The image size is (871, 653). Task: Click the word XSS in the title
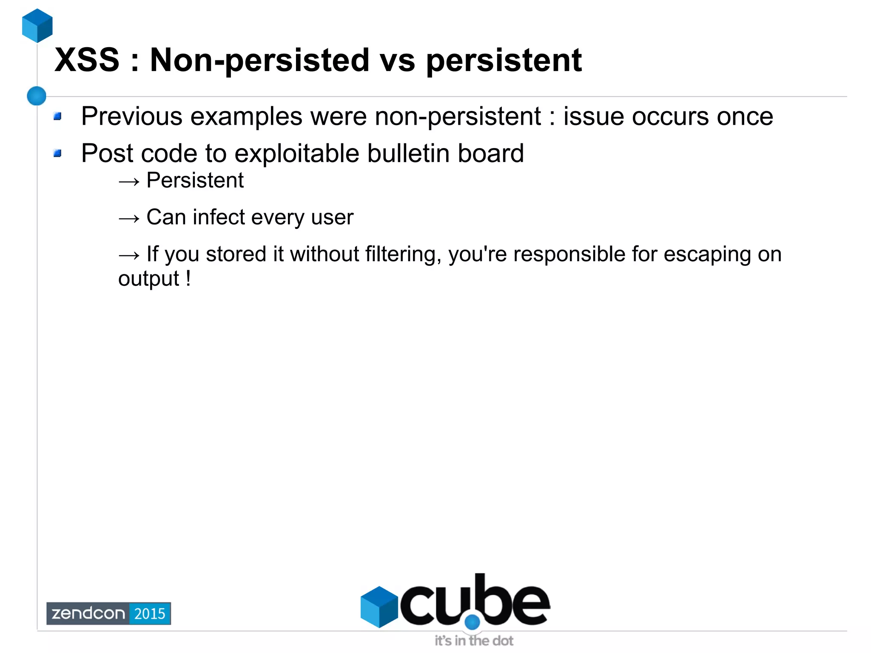tap(87, 60)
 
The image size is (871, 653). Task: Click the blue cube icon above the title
tap(37, 26)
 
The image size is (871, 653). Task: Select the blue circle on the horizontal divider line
tap(37, 96)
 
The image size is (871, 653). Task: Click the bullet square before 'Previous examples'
tap(58, 116)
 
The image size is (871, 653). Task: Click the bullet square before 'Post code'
tap(58, 153)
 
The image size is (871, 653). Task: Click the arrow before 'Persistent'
tap(129, 182)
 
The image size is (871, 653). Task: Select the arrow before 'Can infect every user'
tap(129, 219)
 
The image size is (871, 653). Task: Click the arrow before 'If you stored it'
tap(129, 255)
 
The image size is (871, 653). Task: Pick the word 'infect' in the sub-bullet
tap(219, 217)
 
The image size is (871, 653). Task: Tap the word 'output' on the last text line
tap(149, 279)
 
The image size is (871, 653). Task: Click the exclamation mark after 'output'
tap(188, 279)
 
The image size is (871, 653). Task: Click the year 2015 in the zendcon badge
tap(150, 613)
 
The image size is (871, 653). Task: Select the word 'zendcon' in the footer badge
tap(88, 613)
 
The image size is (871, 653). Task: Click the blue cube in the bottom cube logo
tap(379, 607)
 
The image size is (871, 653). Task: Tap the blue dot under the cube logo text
tap(472, 622)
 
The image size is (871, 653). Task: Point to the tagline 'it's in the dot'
tap(474, 641)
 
